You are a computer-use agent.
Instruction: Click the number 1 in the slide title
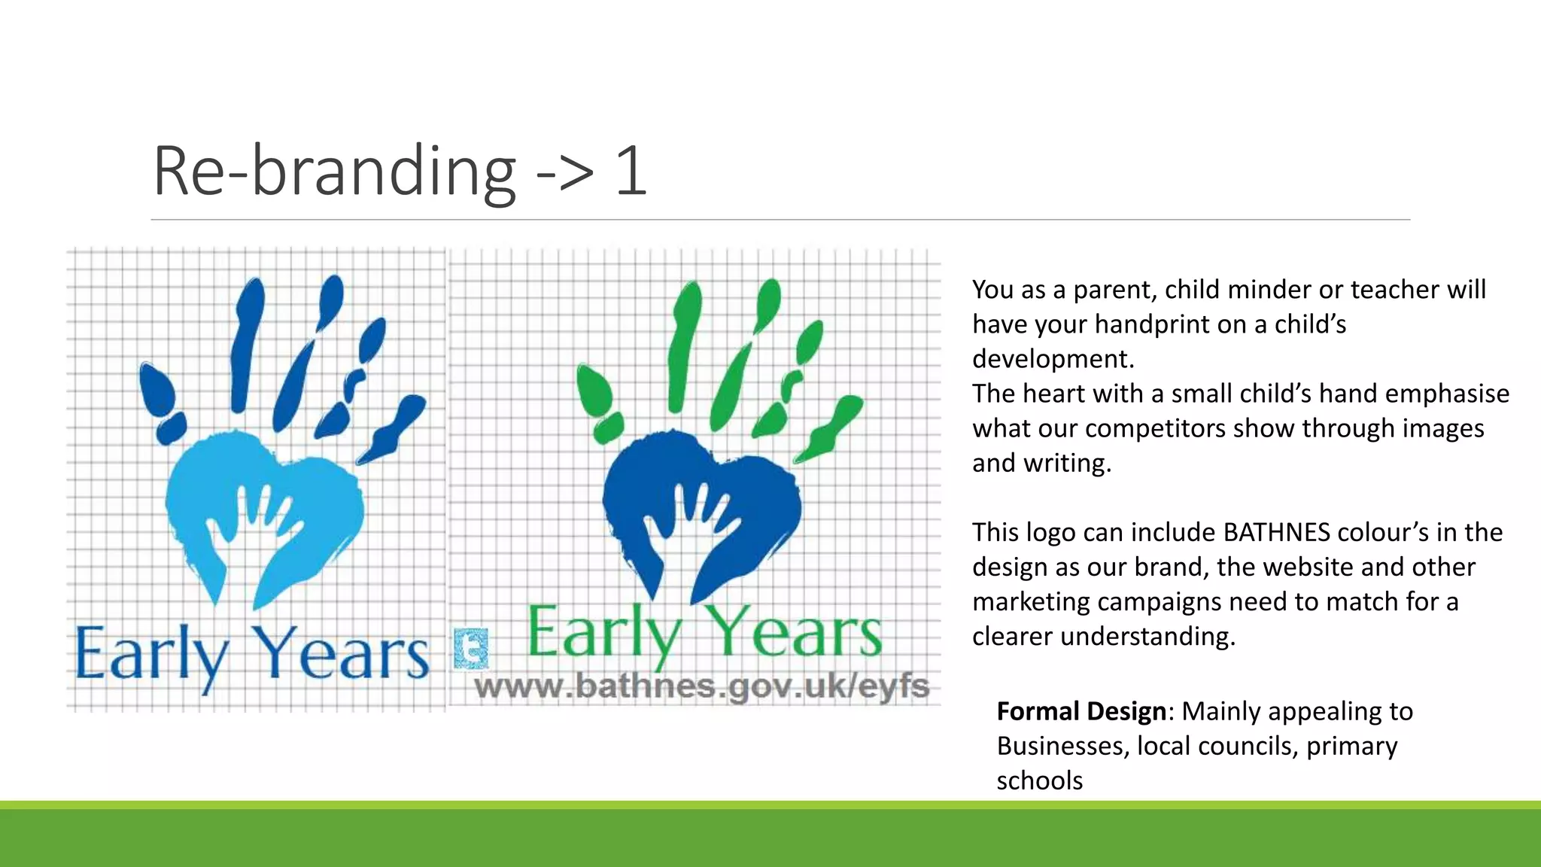click(631, 172)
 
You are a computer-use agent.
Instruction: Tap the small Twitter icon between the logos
click(472, 649)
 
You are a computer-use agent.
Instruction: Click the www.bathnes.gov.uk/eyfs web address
click(701, 686)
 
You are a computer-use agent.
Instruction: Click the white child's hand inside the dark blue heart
click(692, 527)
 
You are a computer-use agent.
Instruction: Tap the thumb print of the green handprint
click(594, 391)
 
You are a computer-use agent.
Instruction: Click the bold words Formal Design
click(1081, 711)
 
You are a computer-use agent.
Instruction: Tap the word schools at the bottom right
click(1039, 780)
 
